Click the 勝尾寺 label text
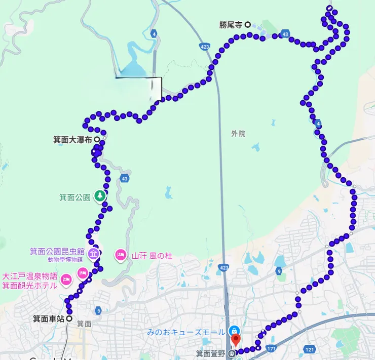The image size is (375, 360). point(232,24)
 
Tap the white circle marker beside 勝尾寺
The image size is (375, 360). point(248,24)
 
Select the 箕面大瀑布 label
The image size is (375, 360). point(72,139)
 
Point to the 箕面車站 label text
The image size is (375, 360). point(49,319)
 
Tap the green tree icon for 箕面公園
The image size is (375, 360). point(100,196)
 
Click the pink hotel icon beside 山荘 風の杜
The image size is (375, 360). point(121,255)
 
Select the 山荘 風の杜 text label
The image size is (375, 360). point(152,256)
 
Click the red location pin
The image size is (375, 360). point(235,339)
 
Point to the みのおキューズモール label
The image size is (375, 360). point(186,333)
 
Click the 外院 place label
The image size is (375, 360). point(238,134)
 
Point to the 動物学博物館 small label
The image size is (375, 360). point(65,260)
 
